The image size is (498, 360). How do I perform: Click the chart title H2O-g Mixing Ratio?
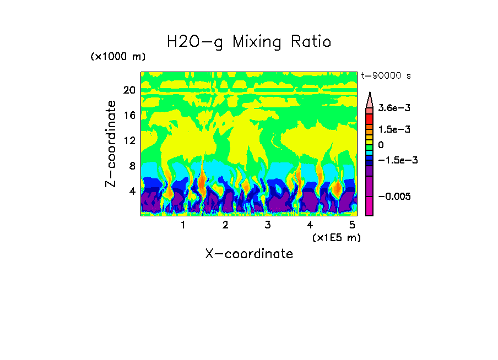click(249, 42)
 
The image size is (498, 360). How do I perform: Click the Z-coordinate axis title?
click(111, 144)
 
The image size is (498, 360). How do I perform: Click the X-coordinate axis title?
click(249, 254)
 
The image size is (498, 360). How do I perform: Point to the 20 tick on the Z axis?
click(129, 90)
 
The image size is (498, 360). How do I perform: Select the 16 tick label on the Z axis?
click(129, 115)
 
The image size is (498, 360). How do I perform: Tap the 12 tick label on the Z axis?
click(129, 140)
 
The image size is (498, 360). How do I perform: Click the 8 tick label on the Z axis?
click(132, 166)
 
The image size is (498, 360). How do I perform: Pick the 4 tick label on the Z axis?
click(132, 191)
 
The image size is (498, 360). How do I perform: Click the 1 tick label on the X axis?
click(183, 225)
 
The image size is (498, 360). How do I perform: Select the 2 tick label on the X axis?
click(225, 225)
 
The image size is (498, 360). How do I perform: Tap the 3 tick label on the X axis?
click(268, 225)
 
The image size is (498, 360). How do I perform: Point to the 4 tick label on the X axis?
click(310, 225)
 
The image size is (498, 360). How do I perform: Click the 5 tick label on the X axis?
click(353, 225)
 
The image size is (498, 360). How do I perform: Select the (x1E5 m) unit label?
click(336, 237)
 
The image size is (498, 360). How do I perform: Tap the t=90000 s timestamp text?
click(386, 75)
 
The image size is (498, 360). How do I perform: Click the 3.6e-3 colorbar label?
click(391, 108)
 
